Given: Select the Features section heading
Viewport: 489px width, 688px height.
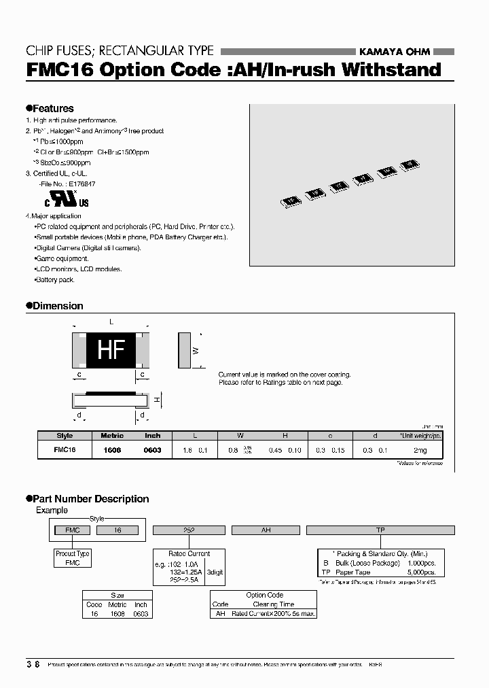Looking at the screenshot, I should point(50,108).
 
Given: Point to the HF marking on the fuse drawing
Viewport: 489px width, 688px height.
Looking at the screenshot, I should point(111,349).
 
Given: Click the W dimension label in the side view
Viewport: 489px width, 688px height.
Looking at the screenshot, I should point(196,350).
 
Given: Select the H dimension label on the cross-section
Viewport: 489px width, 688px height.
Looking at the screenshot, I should point(156,400).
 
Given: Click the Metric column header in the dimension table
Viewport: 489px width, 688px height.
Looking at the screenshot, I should point(112,436).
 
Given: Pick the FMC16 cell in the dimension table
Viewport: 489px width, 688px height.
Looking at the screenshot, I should point(65,450).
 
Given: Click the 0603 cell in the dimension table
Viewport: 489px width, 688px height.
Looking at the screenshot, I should point(153,450).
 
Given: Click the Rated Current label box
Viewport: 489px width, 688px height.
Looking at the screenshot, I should point(189,553).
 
